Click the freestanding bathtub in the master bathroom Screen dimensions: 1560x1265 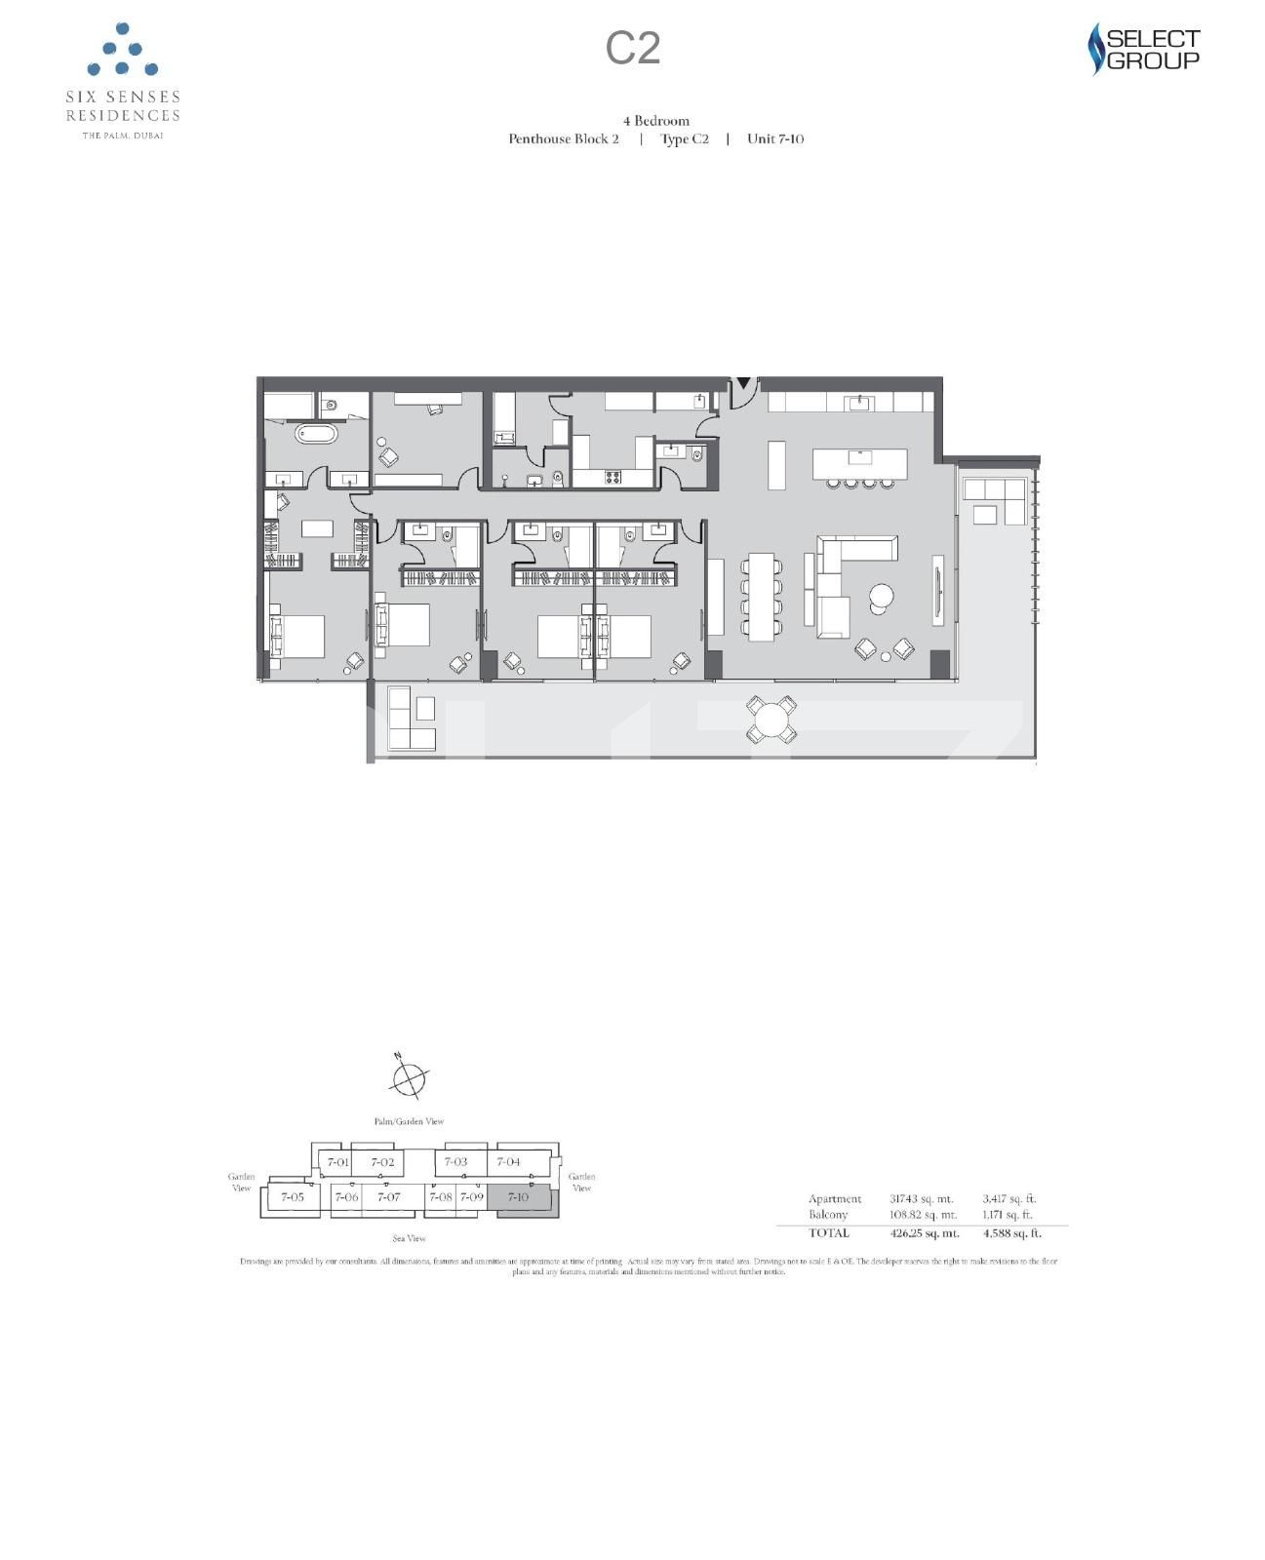click(x=316, y=434)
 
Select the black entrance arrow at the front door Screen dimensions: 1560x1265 click(x=743, y=383)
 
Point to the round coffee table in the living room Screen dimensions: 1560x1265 click(x=882, y=596)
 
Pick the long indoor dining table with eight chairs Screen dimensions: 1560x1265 click(x=761, y=597)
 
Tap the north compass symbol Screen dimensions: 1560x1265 click(x=408, y=1077)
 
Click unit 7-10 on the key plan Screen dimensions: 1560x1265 click(x=519, y=1197)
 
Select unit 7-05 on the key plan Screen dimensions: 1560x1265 click(x=292, y=1197)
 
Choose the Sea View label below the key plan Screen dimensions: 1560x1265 click(x=410, y=1238)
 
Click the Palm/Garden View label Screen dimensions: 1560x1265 click(x=409, y=1121)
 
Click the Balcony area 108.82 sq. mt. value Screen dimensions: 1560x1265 click(x=924, y=1215)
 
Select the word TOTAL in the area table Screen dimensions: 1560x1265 click(x=828, y=1233)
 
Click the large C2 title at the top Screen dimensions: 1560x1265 click(x=633, y=48)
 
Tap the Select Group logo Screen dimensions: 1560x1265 click(x=1143, y=50)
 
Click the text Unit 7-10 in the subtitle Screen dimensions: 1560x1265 click(x=775, y=138)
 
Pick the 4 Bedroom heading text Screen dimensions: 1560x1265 click(x=656, y=121)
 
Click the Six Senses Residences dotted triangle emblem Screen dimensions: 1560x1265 click(x=123, y=51)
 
